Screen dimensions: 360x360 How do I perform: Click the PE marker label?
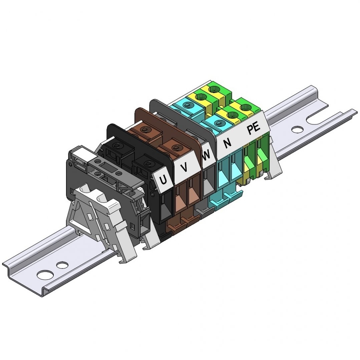(254, 129)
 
